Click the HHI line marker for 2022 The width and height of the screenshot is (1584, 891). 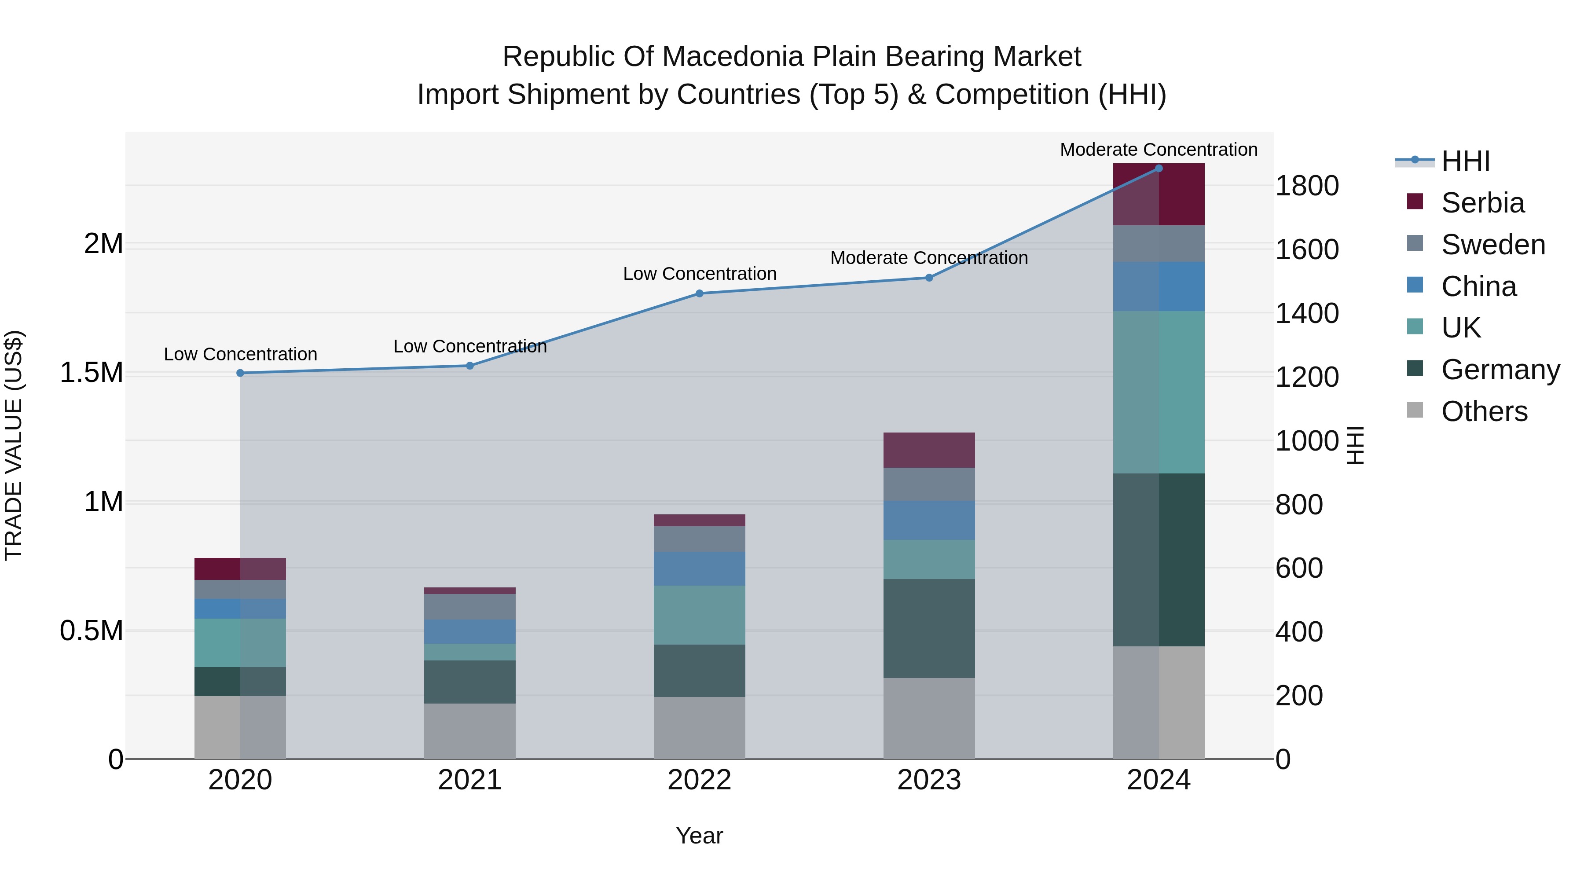(699, 293)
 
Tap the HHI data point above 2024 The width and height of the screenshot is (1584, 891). (1159, 168)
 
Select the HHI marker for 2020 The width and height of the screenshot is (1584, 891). (240, 373)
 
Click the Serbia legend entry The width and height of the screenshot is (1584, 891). (1482, 203)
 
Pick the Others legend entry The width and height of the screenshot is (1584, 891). (1484, 411)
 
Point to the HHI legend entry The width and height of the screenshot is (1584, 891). (1465, 161)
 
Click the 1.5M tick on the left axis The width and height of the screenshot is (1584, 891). (91, 373)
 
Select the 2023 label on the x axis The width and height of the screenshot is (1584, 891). (928, 780)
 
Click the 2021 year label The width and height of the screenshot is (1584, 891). (470, 780)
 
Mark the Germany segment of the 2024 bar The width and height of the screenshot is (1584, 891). (1159, 560)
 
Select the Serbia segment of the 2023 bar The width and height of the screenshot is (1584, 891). (928, 450)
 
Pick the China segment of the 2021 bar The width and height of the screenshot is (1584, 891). (470, 631)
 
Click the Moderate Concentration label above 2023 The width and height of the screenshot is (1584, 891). (928, 258)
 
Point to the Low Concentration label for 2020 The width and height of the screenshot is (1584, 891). (240, 354)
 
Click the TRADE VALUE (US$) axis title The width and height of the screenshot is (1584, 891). (14, 445)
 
